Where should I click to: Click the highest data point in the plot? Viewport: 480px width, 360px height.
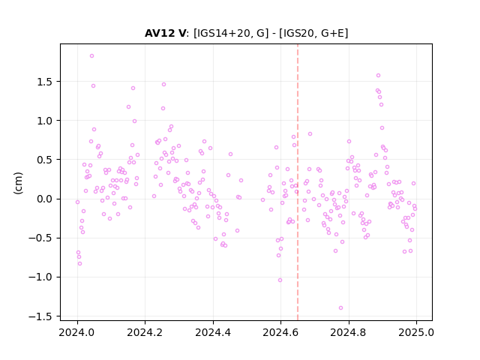click(x=91, y=56)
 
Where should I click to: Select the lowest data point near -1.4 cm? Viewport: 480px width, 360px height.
click(x=340, y=308)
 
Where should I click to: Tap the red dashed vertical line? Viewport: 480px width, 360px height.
click(x=298, y=182)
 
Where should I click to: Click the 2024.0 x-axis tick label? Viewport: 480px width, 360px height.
click(x=77, y=332)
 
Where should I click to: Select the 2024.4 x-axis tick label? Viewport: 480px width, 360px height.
click(x=213, y=332)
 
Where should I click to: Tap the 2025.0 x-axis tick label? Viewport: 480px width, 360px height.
click(x=416, y=332)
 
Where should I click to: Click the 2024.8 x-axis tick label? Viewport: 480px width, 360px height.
click(x=348, y=332)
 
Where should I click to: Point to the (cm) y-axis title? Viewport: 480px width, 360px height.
click(x=18, y=183)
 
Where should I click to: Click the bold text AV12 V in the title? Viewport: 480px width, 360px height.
click(x=165, y=33)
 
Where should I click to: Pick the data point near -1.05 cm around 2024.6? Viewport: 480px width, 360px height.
click(x=280, y=280)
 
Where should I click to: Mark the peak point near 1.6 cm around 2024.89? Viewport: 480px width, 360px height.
click(x=378, y=75)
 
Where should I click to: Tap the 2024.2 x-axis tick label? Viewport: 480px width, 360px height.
click(x=145, y=332)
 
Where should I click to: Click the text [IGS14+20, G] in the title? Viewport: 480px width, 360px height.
click(x=231, y=33)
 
